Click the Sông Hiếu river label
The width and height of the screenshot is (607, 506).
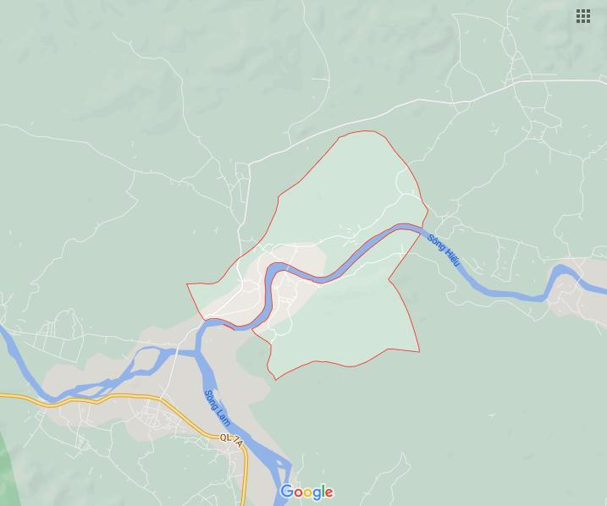443,250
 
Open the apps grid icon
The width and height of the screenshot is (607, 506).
583,16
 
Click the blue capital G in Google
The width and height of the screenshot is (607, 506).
287,492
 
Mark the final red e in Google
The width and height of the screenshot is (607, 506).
328,493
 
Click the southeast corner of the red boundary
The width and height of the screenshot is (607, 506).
419,351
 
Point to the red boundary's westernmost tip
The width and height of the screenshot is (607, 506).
187,285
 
